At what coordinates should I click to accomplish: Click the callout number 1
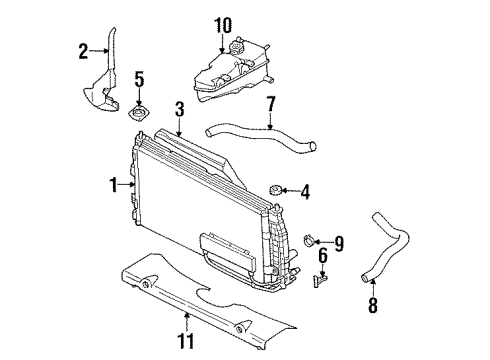(x=115, y=184)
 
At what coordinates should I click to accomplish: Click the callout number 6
(x=322, y=256)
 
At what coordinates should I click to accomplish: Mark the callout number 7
(x=270, y=104)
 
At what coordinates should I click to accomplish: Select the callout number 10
(x=222, y=23)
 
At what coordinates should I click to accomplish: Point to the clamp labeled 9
(x=311, y=239)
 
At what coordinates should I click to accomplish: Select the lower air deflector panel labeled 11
(x=200, y=300)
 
